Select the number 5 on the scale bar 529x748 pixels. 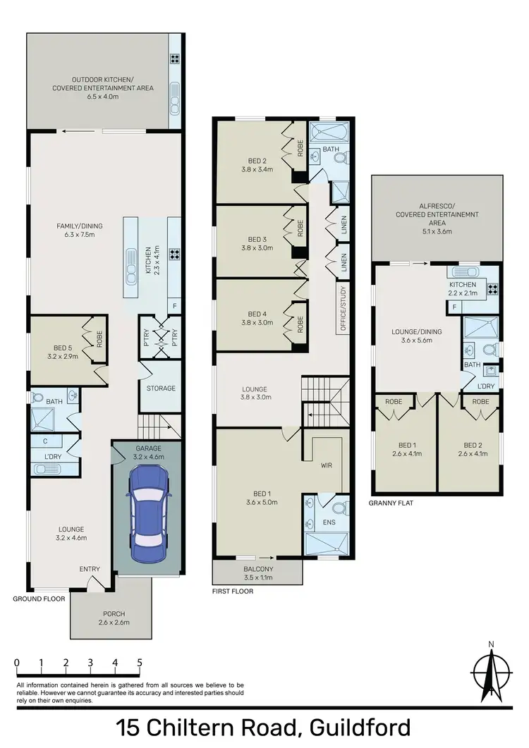click(x=140, y=663)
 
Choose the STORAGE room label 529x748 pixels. click(x=161, y=388)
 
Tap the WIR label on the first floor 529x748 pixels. click(x=326, y=466)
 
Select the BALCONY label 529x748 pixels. click(x=258, y=569)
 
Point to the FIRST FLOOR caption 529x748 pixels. click(x=232, y=591)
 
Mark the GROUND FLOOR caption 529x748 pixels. click(x=39, y=599)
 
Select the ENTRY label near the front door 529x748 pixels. click(x=90, y=569)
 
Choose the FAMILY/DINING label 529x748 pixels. click(x=76, y=226)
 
